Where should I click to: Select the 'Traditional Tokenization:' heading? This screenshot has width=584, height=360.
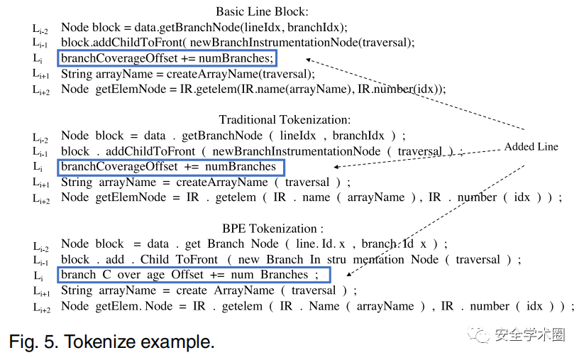coord(285,120)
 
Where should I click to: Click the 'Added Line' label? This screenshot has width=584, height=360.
coord(531,147)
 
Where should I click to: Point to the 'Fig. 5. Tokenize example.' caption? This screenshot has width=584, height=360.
coord(111,342)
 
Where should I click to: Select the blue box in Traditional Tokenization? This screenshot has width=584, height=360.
coord(170,167)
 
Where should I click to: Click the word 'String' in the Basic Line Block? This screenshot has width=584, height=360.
coord(77,74)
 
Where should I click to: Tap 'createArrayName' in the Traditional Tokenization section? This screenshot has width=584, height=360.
coord(201,182)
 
